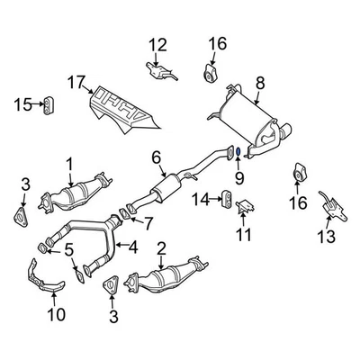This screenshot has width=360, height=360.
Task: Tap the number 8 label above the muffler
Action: click(259, 84)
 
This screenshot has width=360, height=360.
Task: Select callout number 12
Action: click(157, 44)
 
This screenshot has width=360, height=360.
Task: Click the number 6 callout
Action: click(157, 158)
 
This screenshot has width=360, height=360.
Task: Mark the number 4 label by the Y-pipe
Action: click(133, 246)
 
